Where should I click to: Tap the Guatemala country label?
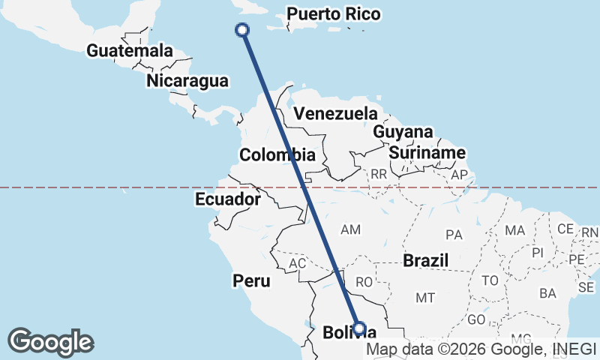130,51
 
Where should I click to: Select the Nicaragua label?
187,80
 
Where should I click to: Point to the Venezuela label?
334,114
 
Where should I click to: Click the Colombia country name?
277,155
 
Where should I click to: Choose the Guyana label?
403,132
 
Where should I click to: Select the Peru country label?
251,280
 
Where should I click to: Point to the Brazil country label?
425,260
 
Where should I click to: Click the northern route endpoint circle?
242,30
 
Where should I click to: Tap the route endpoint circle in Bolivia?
359,328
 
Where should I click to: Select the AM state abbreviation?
351,229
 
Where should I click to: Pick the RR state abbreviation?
379,174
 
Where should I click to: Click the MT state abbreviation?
425,298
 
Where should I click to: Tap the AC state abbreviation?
298,264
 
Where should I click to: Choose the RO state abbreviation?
364,282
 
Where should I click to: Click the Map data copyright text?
481,349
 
